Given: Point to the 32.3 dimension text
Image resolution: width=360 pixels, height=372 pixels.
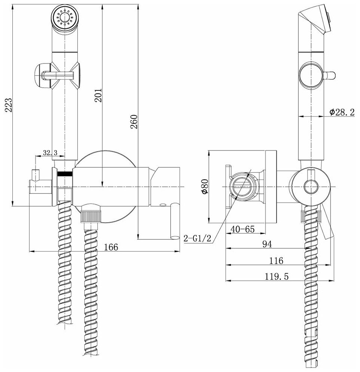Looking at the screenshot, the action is pyautogui.click(x=50, y=153).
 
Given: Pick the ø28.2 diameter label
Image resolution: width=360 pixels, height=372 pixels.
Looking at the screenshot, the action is pyautogui.click(x=342, y=112).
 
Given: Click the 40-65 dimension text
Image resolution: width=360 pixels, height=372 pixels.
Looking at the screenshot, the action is pyautogui.click(x=243, y=229).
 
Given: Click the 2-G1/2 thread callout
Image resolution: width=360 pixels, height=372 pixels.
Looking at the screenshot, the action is pyautogui.click(x=197, y=238).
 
